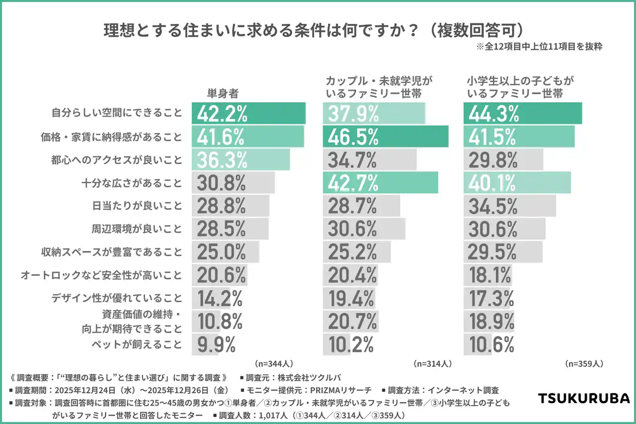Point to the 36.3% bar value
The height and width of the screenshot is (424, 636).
coord(222,160)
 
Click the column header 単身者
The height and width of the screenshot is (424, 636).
coord(223,92)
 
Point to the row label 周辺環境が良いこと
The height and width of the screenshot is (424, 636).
coord(137,229)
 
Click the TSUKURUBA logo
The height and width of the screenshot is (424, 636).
coord(584,398)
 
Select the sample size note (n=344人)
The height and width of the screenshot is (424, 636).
coord(273,363)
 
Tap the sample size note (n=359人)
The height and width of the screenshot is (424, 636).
coord(584,363)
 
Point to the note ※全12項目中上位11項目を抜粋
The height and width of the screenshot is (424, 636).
coord(539,47)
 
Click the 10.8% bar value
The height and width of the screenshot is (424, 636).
coord(220,321)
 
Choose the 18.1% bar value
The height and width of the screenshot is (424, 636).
coord(490,275)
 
